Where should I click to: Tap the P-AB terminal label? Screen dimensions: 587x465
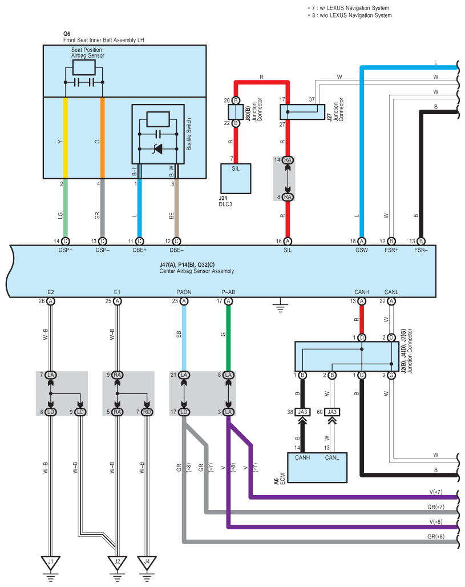click(228, 292)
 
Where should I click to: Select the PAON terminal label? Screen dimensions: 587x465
click(184, 292)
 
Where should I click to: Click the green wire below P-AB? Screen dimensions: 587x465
click(228, 337)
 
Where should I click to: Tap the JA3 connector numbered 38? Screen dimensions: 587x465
click(302, 412)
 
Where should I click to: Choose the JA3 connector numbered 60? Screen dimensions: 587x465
click(332, 412)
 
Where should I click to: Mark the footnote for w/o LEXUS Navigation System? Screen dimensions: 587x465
click(349, 15)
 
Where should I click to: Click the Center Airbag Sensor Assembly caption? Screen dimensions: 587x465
click(196, 271)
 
